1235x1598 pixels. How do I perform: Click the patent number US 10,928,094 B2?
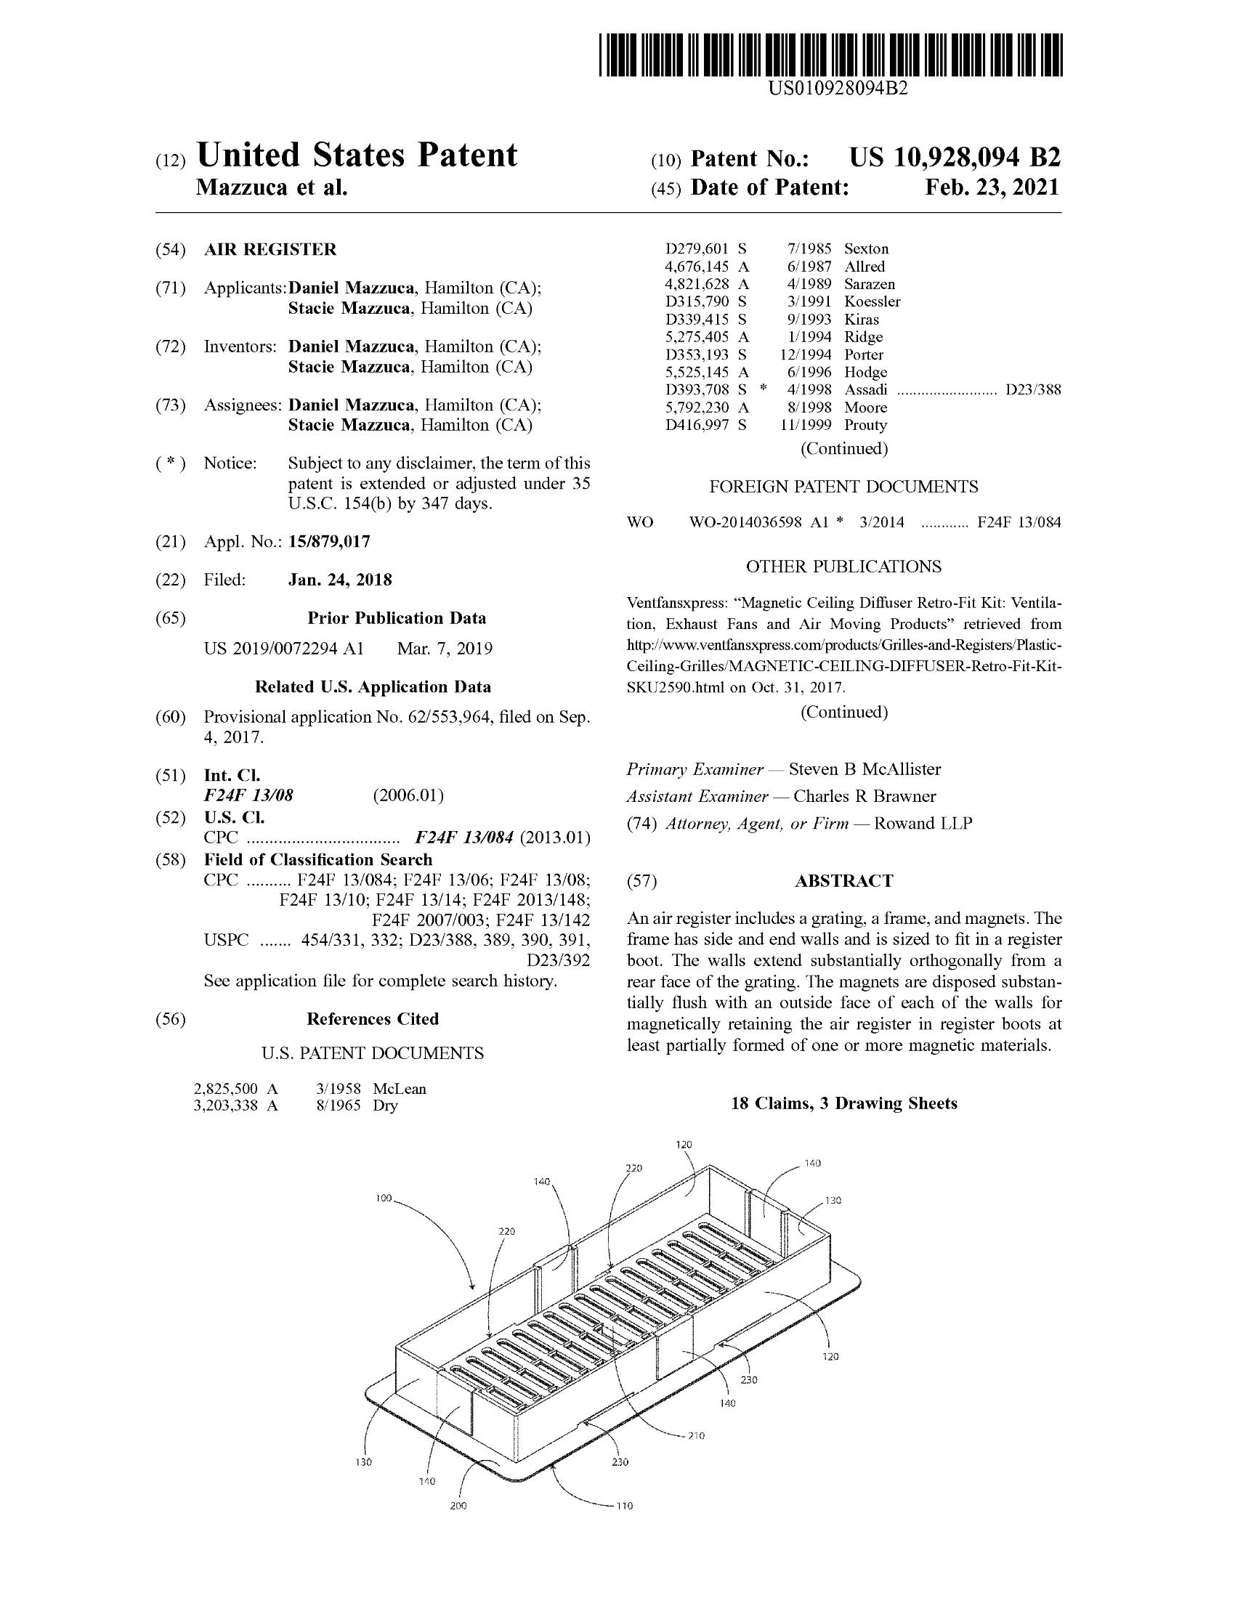[x=954, y=158]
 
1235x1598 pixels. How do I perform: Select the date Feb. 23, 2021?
[x=992, y=187]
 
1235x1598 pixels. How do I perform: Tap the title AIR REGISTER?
[x=270, y=249]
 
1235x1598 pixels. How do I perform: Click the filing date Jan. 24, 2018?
[x=340, y=580]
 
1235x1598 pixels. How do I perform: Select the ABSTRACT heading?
[x=843, y=880]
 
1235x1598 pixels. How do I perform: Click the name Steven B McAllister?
[x=864, y=769]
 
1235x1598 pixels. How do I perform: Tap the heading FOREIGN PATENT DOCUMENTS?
[x=843, y=487]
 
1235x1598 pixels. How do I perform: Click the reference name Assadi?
[x=865, y=390]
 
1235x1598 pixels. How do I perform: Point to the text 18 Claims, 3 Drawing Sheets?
[x=843, y=1103]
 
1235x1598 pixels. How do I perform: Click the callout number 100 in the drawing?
[x=384, y=1199]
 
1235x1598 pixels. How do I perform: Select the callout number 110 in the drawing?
[x=623, y=1506]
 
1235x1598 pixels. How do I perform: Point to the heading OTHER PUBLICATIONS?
[x=843, y=567]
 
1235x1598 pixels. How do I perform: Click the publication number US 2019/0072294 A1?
[x=283, y=648]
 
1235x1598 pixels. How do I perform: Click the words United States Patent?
[x=357, y=155]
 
